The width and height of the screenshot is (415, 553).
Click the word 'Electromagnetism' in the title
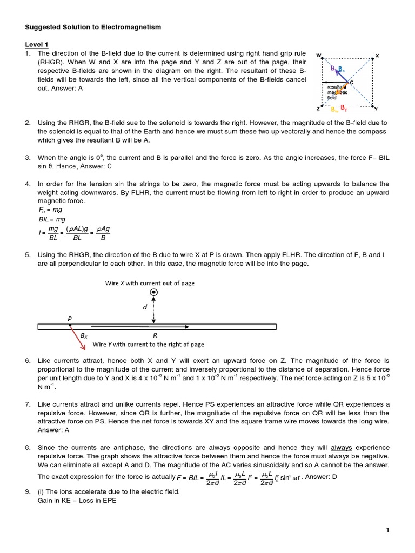coord(130,26)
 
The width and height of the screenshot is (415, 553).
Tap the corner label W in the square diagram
coord(318,55)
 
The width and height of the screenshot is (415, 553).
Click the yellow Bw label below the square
coord(334,110)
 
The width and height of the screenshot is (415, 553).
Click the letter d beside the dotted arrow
coord(144,307)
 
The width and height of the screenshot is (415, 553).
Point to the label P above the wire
coord(70,319)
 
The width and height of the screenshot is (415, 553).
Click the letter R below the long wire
coord(155,335)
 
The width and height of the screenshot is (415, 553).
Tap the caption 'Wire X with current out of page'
coord(150,283)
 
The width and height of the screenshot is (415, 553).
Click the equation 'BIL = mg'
coord(50,220)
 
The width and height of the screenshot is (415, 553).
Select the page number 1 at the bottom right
coord(387,531)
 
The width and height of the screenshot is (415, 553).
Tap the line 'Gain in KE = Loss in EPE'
coord(71,500)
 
